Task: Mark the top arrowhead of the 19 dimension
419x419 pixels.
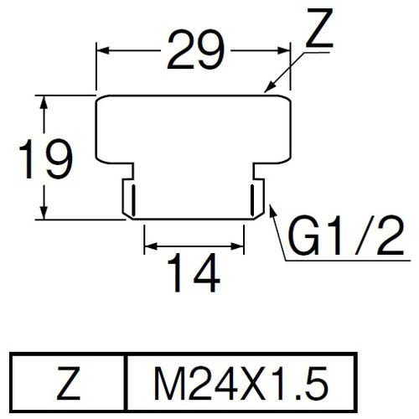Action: pos(43,101)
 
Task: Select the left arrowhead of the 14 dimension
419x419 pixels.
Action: pos(149,248)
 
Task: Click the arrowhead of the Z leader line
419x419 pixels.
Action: pos(267,88)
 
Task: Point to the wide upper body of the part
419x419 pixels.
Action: pos(194,130)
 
